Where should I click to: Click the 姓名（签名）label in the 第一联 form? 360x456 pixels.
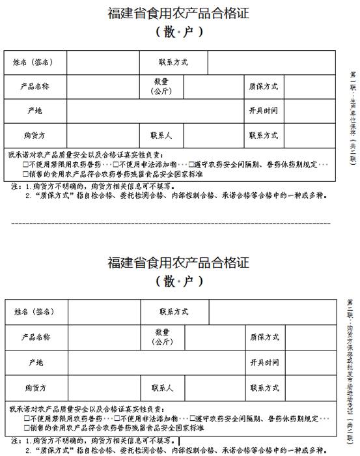click(x=33, y=63)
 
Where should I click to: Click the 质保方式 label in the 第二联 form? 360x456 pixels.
click(x=264, y=337)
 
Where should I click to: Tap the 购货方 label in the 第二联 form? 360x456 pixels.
click(x=35, y=388)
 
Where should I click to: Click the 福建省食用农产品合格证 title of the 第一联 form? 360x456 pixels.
click(x=178, y=12)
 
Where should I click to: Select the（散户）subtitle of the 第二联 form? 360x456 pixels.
click(x=179, y=282)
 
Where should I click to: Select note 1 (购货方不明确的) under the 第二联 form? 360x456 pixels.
click(x=91, y=440)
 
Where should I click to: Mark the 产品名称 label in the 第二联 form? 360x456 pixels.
click(x=36, y=337)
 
